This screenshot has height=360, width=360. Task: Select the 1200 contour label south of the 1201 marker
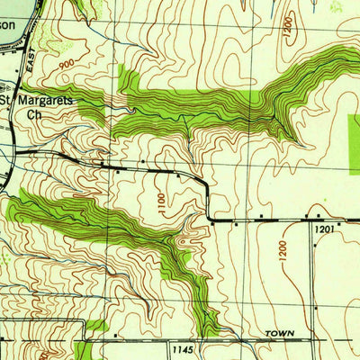pyautogui.click(x=282, y=251)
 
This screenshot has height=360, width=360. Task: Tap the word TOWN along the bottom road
pyautogui.click(x=279, y=334)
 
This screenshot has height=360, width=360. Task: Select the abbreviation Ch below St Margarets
pyautogui.click(x=34, y=114)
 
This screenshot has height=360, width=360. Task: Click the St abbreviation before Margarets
pyautogui.click(x=7, y=100)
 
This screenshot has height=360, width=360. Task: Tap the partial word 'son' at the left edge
pyautogui.click(x=7, y=26)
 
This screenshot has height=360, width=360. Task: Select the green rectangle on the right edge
pyautogui.click(x=353, y=144)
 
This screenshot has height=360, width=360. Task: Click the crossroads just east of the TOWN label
pyautogui.click(x=316, y=341)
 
